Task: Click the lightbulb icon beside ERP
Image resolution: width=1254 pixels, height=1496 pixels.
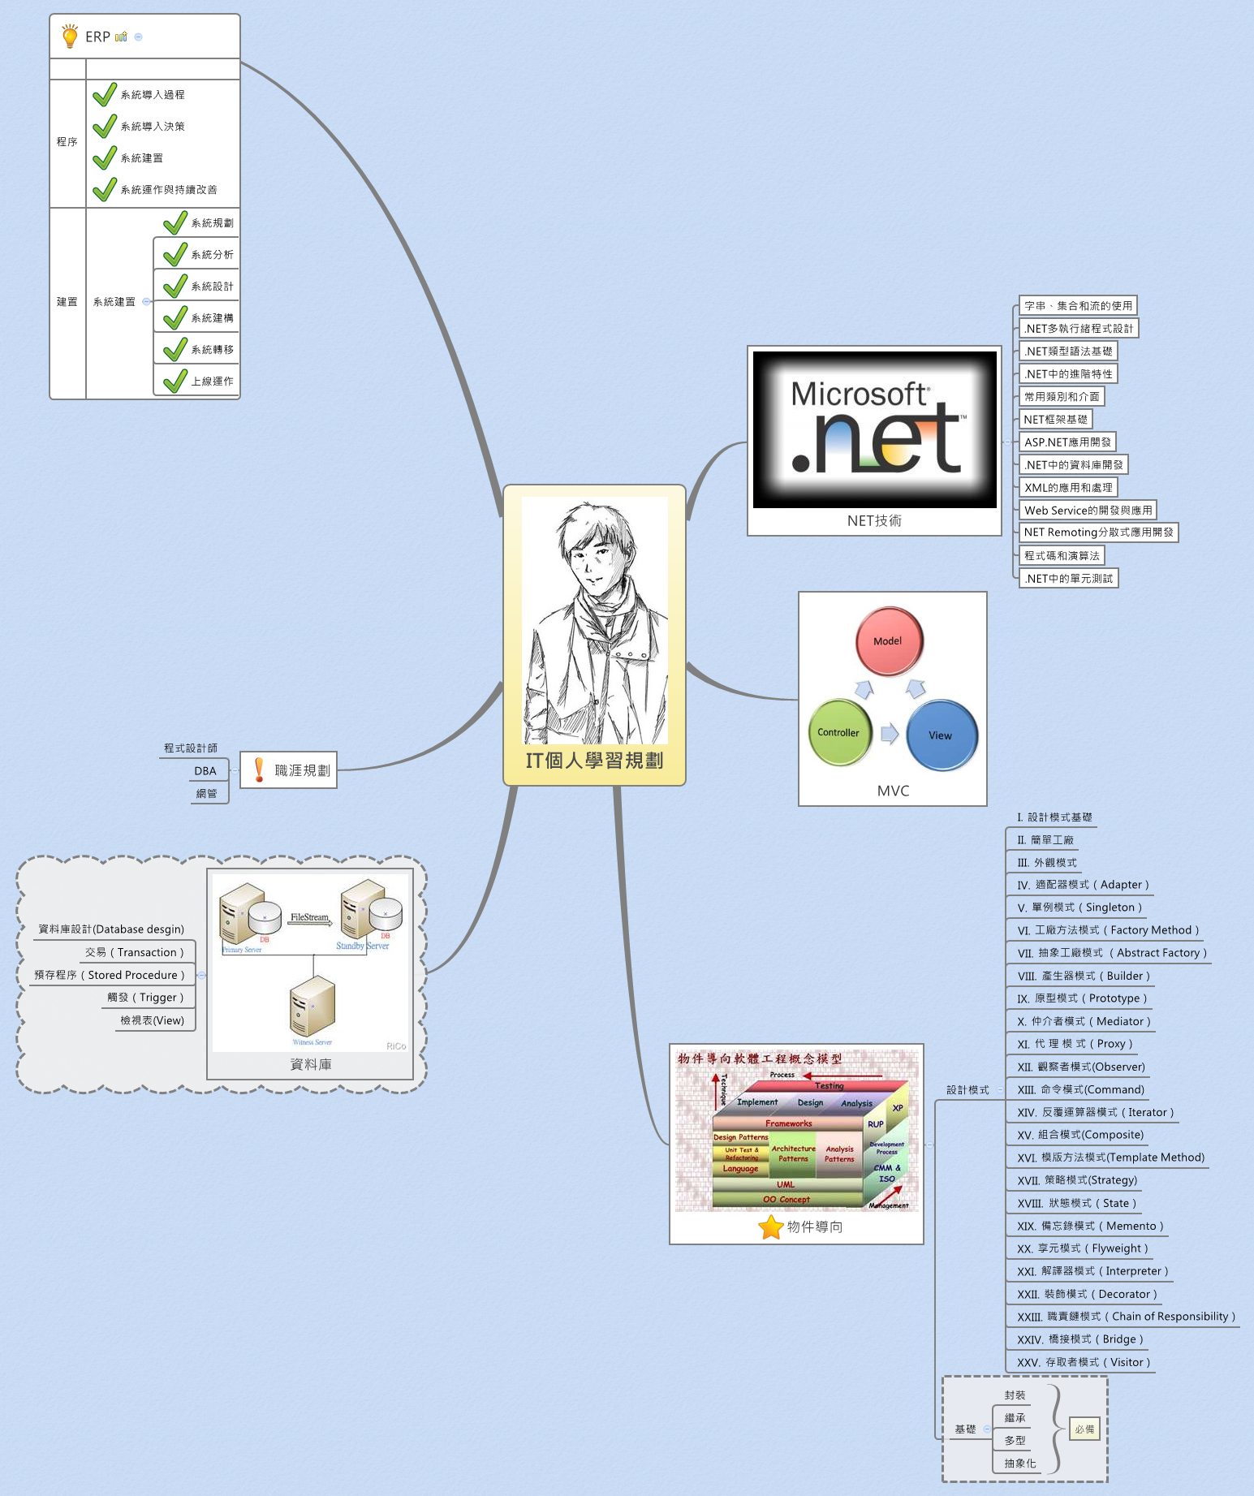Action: click(70, 37)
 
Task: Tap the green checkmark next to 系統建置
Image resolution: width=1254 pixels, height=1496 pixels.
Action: click(105, 158)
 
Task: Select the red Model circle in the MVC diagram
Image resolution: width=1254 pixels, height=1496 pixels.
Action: click(889, 641)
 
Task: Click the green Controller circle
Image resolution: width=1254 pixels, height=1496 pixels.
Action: click(839, 732)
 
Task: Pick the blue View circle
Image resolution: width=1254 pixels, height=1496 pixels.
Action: click(941, 735)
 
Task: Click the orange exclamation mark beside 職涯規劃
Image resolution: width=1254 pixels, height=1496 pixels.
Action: click(259, 770)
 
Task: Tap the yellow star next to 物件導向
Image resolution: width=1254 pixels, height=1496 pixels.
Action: click(770, 1227)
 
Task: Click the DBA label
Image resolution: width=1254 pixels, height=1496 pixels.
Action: click(205, 771)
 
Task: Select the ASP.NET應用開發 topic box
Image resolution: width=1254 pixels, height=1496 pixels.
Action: click(1067, 442)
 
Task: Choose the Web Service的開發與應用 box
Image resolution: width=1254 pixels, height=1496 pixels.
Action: click(1088, 511)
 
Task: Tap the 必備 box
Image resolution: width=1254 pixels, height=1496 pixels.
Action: click(1084, 1429)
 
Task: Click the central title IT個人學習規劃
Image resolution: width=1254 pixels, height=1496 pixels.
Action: click(594, 761)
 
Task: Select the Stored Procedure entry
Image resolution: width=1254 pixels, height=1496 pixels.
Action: click(110, 975)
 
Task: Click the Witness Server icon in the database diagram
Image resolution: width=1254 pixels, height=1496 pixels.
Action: click(312, 1007)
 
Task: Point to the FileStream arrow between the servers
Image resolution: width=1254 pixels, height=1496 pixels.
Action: click(310, 920)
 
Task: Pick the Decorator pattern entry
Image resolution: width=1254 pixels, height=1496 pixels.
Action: click(1087, 1294)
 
